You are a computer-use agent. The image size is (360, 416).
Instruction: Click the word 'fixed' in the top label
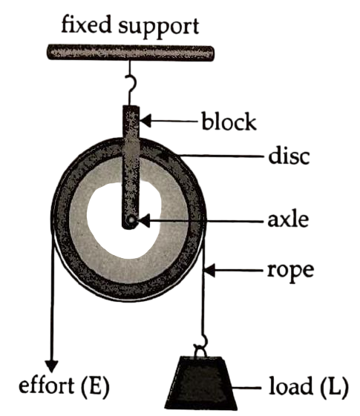pos(86,24)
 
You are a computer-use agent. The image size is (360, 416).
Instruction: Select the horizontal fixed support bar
pos(131,53)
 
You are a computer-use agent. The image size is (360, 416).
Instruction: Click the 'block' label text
pos(229,122)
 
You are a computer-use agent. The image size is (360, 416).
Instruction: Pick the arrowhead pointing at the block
pos(145,121)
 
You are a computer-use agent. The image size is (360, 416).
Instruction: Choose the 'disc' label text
pos(289,156)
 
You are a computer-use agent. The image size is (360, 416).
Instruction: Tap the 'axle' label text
pos(288,220)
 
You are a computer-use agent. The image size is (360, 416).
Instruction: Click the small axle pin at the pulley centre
pos(131,220)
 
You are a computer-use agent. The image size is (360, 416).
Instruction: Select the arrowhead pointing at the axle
pos(143,220)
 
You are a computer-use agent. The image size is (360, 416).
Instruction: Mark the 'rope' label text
pos(291,271)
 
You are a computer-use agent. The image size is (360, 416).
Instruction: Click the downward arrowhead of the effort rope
pos(51,366)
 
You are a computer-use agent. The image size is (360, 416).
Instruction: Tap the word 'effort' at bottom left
pos(46,385)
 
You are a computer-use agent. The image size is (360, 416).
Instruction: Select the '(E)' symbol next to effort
pos(94,386)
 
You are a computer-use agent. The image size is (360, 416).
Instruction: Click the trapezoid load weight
pos(200,383)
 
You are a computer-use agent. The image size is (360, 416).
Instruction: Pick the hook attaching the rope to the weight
pos(201,346)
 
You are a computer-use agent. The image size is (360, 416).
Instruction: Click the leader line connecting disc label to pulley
pos(221,156)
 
